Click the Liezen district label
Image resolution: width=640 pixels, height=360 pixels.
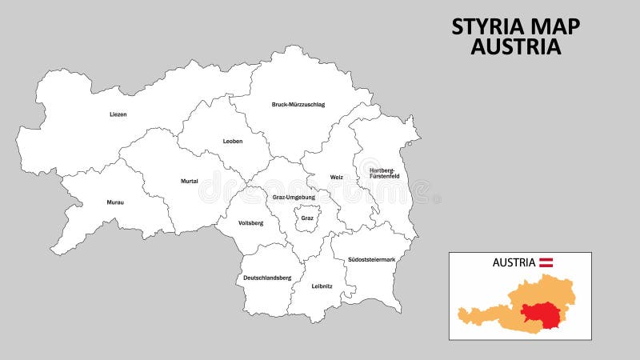click(x=118, y=114)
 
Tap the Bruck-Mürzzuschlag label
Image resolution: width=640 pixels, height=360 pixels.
click(x=298, y=105)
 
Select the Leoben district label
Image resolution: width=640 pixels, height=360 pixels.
click(x=232, y=142)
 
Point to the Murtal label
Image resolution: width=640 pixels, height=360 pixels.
click(x=189, y=182)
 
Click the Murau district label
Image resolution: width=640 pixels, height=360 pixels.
click(x=114, y=202)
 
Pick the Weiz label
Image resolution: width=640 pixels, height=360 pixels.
click(x=336, y=177)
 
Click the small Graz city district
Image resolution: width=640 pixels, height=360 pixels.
click(x=307, y=218)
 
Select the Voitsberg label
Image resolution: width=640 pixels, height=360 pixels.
click(x=250, y=222)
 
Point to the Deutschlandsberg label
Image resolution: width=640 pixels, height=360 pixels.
click(x=263, y=278)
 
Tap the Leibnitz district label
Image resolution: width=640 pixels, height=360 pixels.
click(x=322, y=286)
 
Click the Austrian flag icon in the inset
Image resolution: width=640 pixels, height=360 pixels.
click(x=547, y=262)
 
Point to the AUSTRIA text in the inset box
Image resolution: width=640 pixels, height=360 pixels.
click(x=514, y=262)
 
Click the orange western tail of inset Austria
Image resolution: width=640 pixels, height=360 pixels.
click(x=468, y=314)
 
